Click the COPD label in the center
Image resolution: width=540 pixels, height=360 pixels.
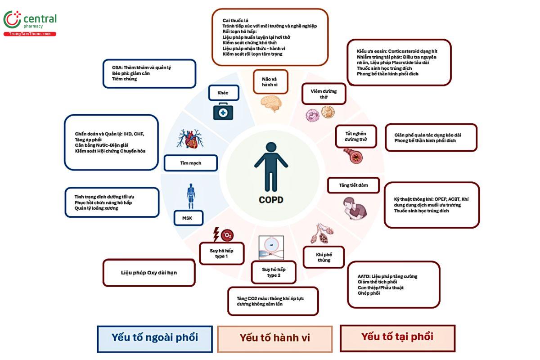click(271, 200)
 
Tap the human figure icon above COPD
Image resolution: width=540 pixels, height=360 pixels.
click(271, 167)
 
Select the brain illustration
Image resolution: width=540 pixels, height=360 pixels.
click(271, 103)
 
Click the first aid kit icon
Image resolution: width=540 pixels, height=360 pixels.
click(223, 111)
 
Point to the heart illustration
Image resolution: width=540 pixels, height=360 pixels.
click(190, 139)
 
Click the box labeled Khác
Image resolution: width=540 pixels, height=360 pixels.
click(224, 93)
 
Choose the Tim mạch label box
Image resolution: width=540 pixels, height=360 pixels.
click(191, 163)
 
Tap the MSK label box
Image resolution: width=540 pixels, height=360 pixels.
click(188, 218)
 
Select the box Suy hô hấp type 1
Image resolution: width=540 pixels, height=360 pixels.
click(221, 253)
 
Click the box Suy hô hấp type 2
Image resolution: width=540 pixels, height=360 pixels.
click(274, 272)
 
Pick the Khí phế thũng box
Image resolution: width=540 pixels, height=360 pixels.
click(324, 257)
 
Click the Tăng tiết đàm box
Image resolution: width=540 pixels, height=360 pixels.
click(353, 185)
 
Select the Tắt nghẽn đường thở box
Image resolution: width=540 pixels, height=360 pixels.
click(356, 136)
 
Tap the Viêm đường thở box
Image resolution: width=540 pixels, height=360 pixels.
click(324, 94)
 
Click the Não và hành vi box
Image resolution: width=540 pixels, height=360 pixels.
click(270, 82)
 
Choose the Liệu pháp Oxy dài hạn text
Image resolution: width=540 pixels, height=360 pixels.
click(149, 272)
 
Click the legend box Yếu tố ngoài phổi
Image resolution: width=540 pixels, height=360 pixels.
click(155, 339)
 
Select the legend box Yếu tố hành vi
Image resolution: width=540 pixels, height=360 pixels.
click(275, 339)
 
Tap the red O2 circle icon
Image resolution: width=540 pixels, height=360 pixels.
click(227, 235)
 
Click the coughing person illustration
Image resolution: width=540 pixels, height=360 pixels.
click(355, 208)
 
